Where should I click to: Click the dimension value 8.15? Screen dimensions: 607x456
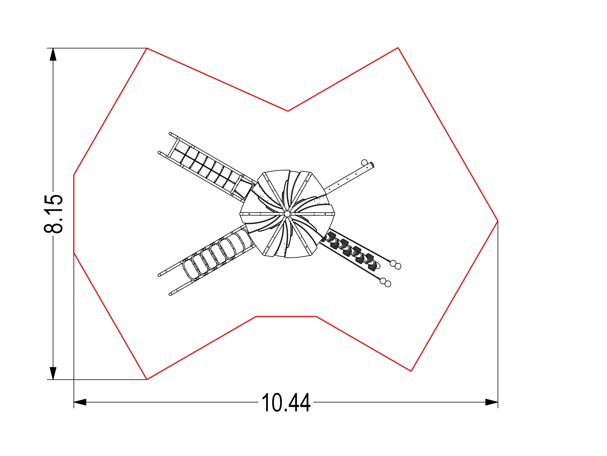tap(53, 214)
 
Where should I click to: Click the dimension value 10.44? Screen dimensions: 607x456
tap(286, 403)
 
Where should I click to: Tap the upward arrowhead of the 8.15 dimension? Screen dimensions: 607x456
tap(53, 54)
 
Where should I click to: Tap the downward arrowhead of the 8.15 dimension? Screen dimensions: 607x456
tap(53, 373)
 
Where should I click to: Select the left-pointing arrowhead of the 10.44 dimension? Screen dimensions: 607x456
tap(80, 402)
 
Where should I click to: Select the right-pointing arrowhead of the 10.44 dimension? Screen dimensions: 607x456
tap(492, 402)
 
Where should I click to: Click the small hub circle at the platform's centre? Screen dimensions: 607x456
tap(287, 214)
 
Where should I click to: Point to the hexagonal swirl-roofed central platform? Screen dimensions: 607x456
tap(287, 214)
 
